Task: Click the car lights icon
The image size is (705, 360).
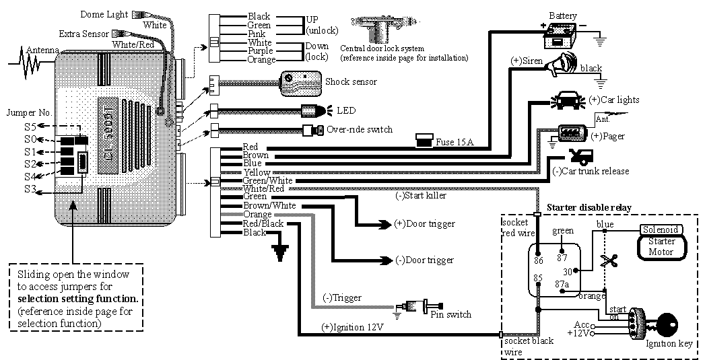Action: click(568, 101)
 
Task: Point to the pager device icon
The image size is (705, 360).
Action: click(572, 132)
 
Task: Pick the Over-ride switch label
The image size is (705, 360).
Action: click(359, 129)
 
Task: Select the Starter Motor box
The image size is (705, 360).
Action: click(661, 247)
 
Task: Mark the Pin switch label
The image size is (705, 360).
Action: click(450, 314)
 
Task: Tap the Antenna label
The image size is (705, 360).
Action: click(42, 50)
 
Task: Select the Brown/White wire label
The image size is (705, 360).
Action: click(269, 205)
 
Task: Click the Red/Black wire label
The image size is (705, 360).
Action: click(263, 223)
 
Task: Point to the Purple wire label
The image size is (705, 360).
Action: click(261, 50)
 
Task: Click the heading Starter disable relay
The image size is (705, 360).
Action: click(589, 207)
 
